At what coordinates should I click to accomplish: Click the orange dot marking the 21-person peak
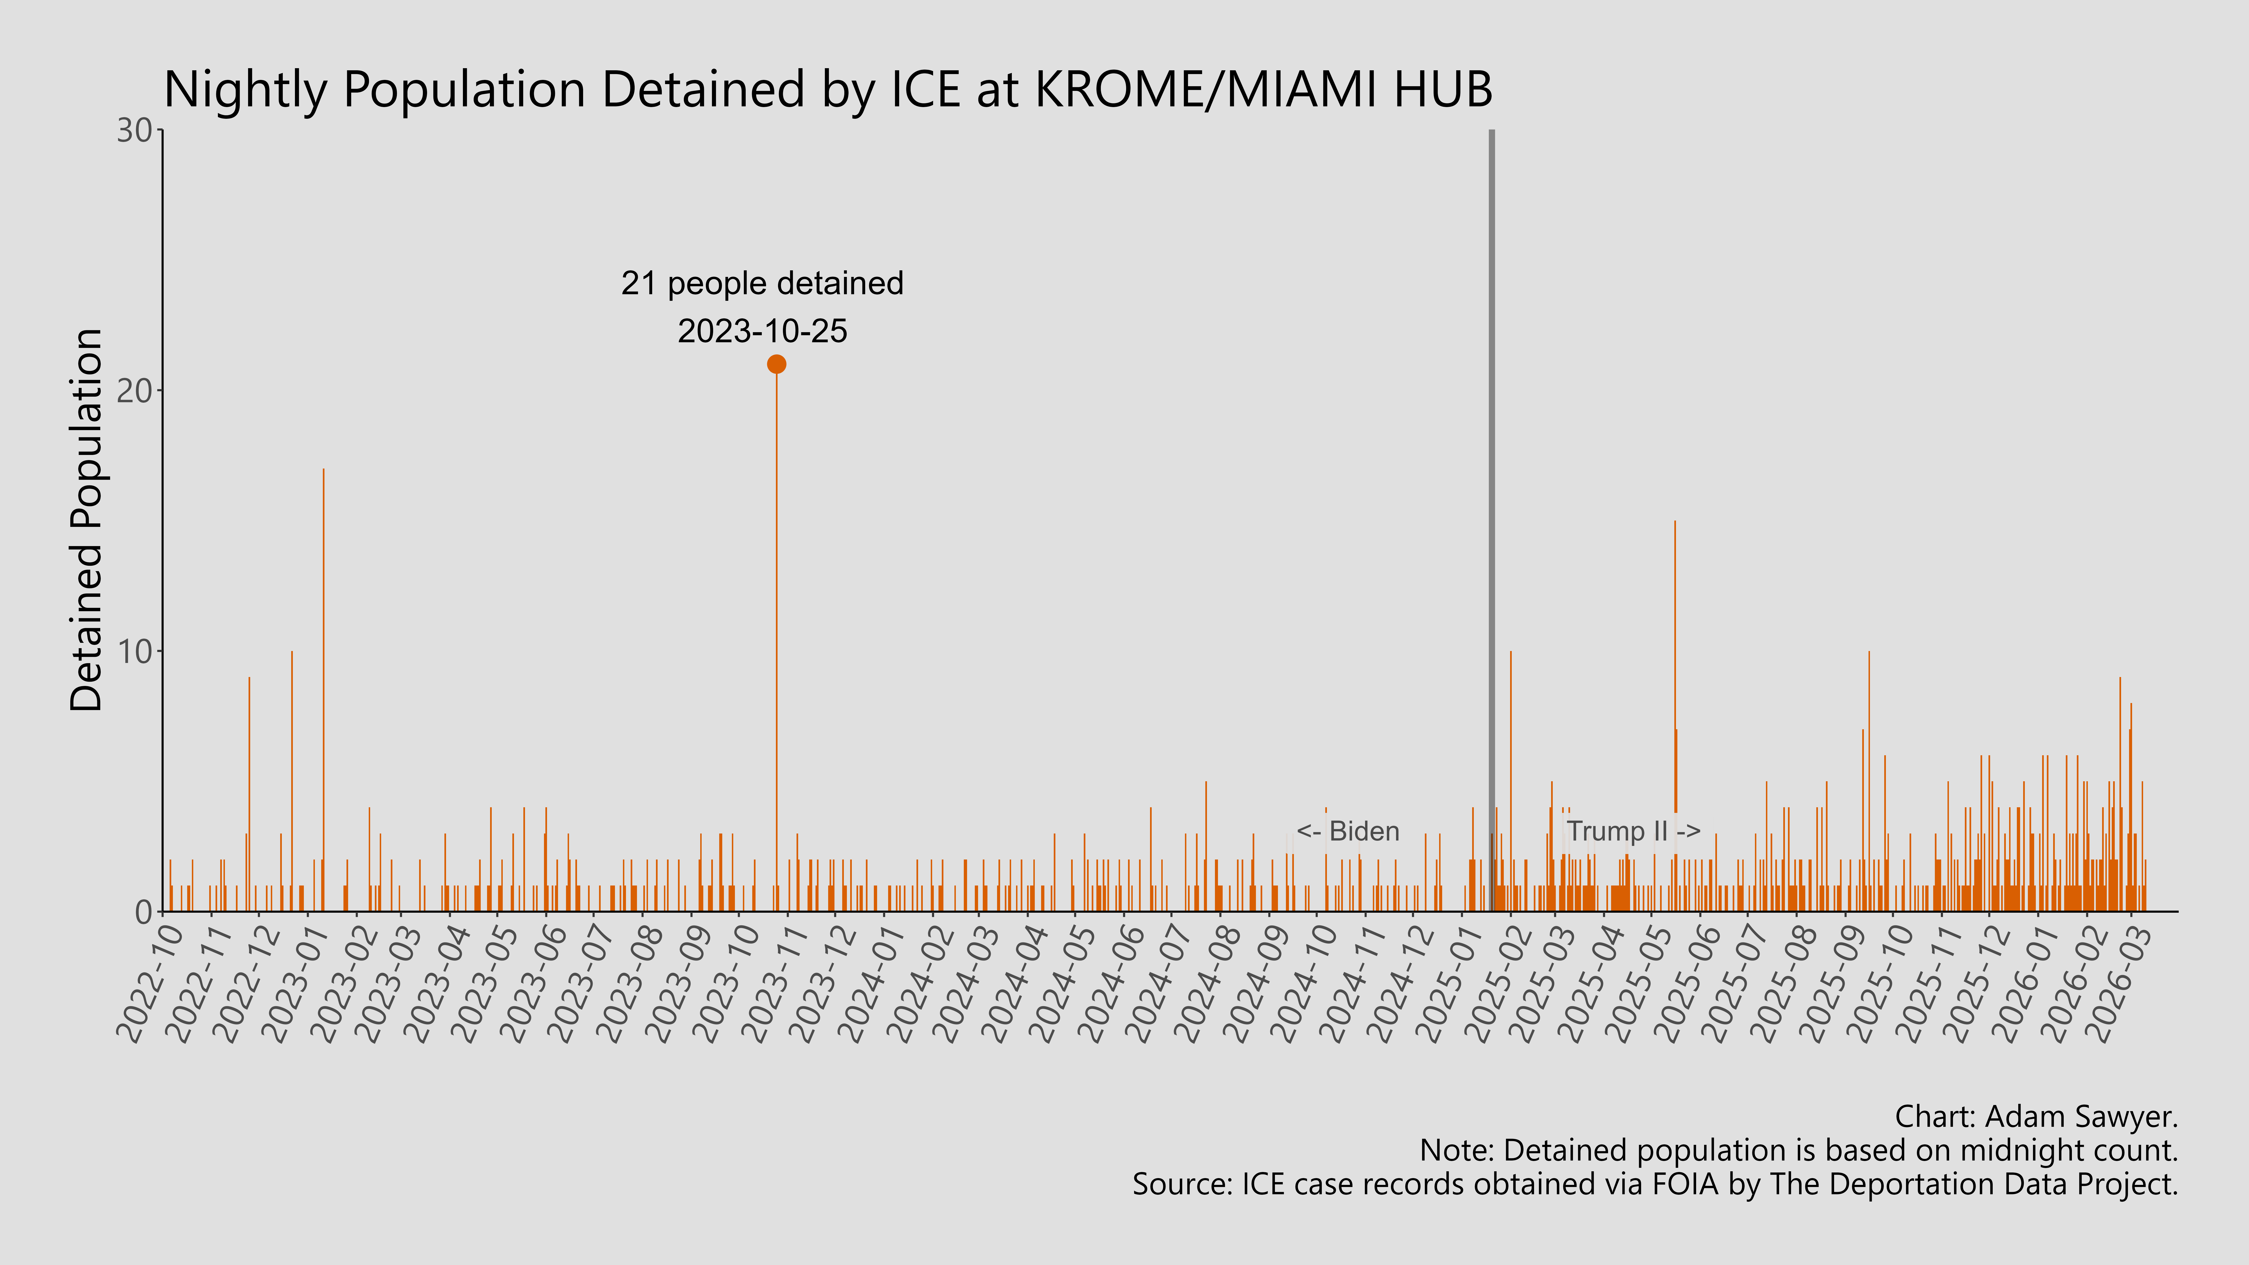(x=776, y=364)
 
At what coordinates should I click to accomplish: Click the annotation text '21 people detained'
(x=762, y=284)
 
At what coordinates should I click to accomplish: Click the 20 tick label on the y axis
(x=135, y=391)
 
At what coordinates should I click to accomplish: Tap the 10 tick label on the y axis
(x=135, y=651)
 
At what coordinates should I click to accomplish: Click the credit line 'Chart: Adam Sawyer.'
(x=2036, y=1116)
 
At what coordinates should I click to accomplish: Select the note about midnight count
(x=1798, y=1151)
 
